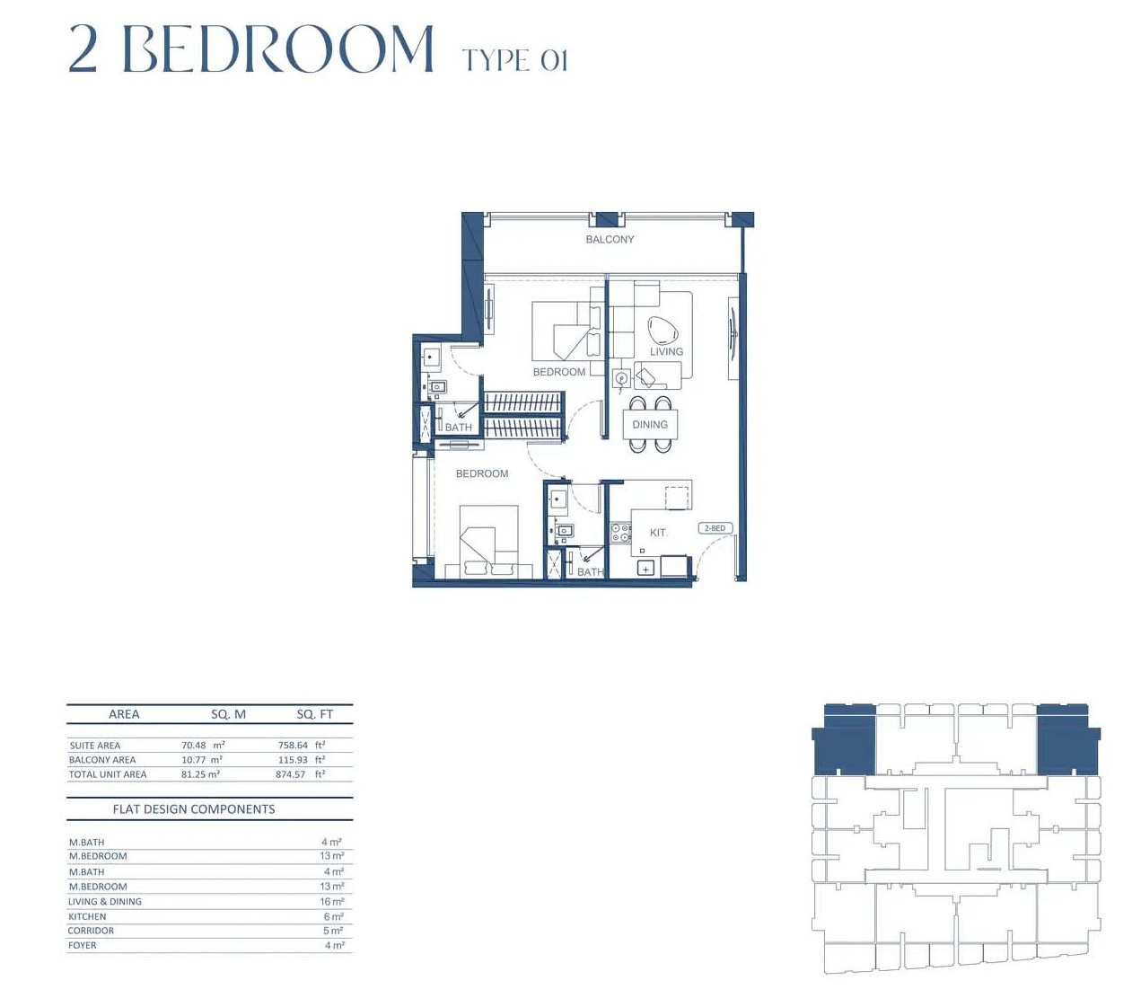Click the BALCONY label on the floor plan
pyautogui.click(x=610, y=239)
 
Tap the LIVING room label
pyautogui.click(x=666, y=351)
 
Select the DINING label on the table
pyautogui.click(x=650, y=425)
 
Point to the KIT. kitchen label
pyautogui.click(x=659, y=533)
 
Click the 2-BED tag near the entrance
pyautogui.click(x=715, y=528)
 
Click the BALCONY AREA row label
pyautogui.click(x=102, y=760)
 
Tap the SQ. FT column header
pyautogui.click(x=314, y=714)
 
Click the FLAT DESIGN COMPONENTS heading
pyautogui.click(x=194, y=809)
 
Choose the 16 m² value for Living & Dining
pyautogui.click(x=331, y=902)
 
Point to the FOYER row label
pyautogui.click(x=82, y=945)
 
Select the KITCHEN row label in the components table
pyautogui.click(x=87, y=916)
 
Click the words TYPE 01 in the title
pyautogui.click(x=514, y=60)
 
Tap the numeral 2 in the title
pyautogui.click(x=83, y=49)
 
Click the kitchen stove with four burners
pyautogui.click(x=620, y=532)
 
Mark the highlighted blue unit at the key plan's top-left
pyautogui.click(x=845, y=741)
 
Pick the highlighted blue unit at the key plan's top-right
pyautogui.click(x=1066, y=741)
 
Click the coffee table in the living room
pyautogui.click(x=663, y=331)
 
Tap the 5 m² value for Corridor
pyautogui.click(x=332, y=931)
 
